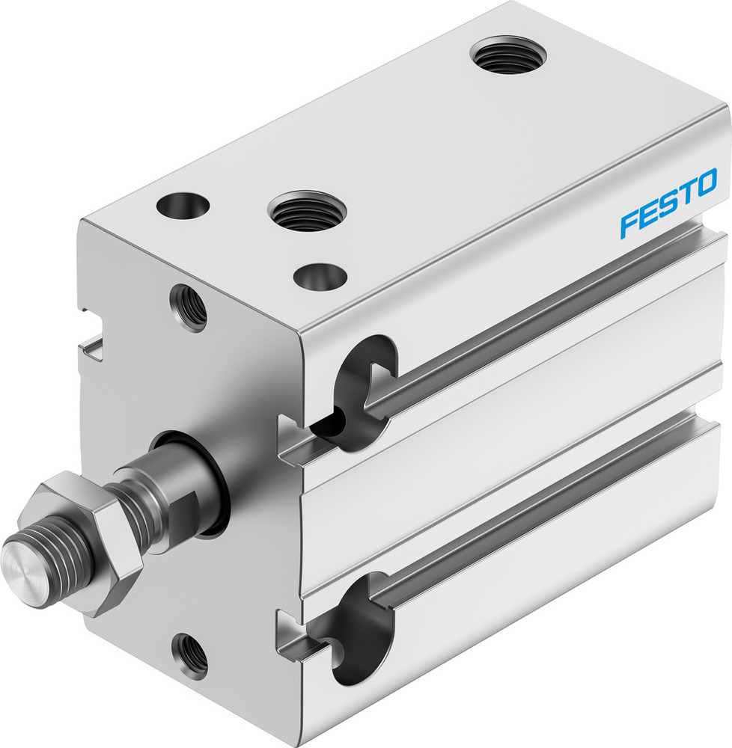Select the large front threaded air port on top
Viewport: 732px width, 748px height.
pyautogui.click(x=307, y=210)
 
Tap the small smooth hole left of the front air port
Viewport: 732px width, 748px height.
pyautogui.click(x=183, y=205)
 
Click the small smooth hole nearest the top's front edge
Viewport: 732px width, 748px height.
pyautogui.click(x=320, y=277)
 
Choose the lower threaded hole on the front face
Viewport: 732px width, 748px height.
pyautogui.click(x=189, y=656)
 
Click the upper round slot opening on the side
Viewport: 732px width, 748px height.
pyautogui.click(x=362, y=393)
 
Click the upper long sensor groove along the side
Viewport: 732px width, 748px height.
pyautogui.click(x=539, y=322)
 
